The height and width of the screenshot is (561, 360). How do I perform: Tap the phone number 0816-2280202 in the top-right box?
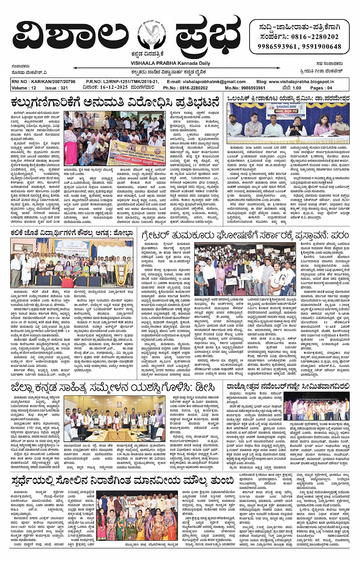tap(315, 37)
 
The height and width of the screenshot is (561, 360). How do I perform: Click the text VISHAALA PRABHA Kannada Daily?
tap(170, 63)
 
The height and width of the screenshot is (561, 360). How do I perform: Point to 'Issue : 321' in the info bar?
tap(56, 88)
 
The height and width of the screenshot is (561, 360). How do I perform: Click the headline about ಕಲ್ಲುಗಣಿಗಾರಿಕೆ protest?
tap(115, 103)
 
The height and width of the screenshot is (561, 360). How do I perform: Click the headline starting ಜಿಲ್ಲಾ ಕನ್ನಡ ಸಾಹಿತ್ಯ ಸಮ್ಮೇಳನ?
tap(113, 388)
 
